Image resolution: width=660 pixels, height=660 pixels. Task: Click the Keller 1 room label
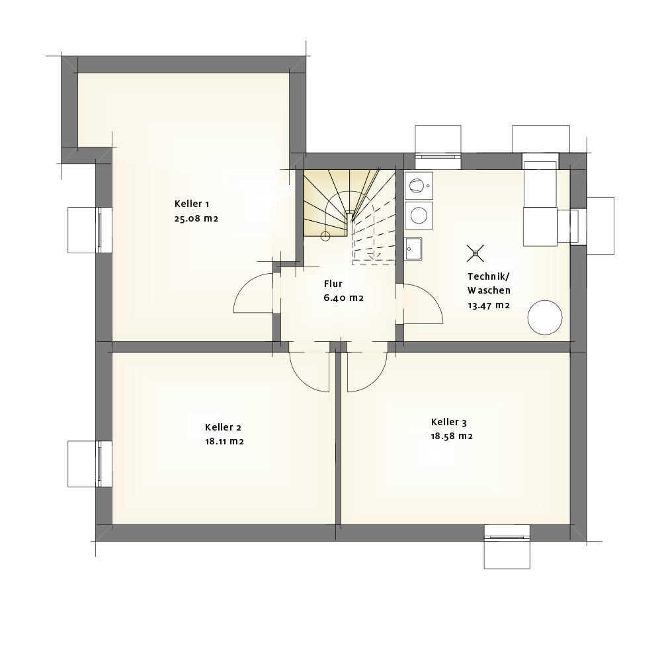coord(192,204)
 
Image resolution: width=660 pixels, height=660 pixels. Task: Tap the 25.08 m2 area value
coord(196,218)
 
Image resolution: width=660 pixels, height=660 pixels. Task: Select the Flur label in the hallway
coord(333,284)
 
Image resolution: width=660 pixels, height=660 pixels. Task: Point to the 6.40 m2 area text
coord(343,298)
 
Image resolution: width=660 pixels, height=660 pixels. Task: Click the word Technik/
coord(488,276)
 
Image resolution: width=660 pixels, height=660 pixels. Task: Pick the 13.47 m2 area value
coord(489,305)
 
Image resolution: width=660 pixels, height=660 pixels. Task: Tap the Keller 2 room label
coord(223,427)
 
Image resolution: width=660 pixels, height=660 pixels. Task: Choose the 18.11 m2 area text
coord(224,442)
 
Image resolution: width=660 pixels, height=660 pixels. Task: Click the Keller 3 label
coord(448,422)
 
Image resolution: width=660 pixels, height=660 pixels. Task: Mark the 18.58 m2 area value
coord(452,436)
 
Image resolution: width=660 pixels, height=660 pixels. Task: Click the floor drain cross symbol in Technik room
coord(475,253)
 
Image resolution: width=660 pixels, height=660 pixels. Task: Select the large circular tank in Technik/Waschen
coord(545,317)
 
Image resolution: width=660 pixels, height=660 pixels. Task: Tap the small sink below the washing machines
coord(413,249)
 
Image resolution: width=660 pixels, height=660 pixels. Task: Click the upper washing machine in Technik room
coord(419,185)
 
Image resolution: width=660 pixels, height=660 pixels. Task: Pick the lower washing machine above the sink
coord(419,216)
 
